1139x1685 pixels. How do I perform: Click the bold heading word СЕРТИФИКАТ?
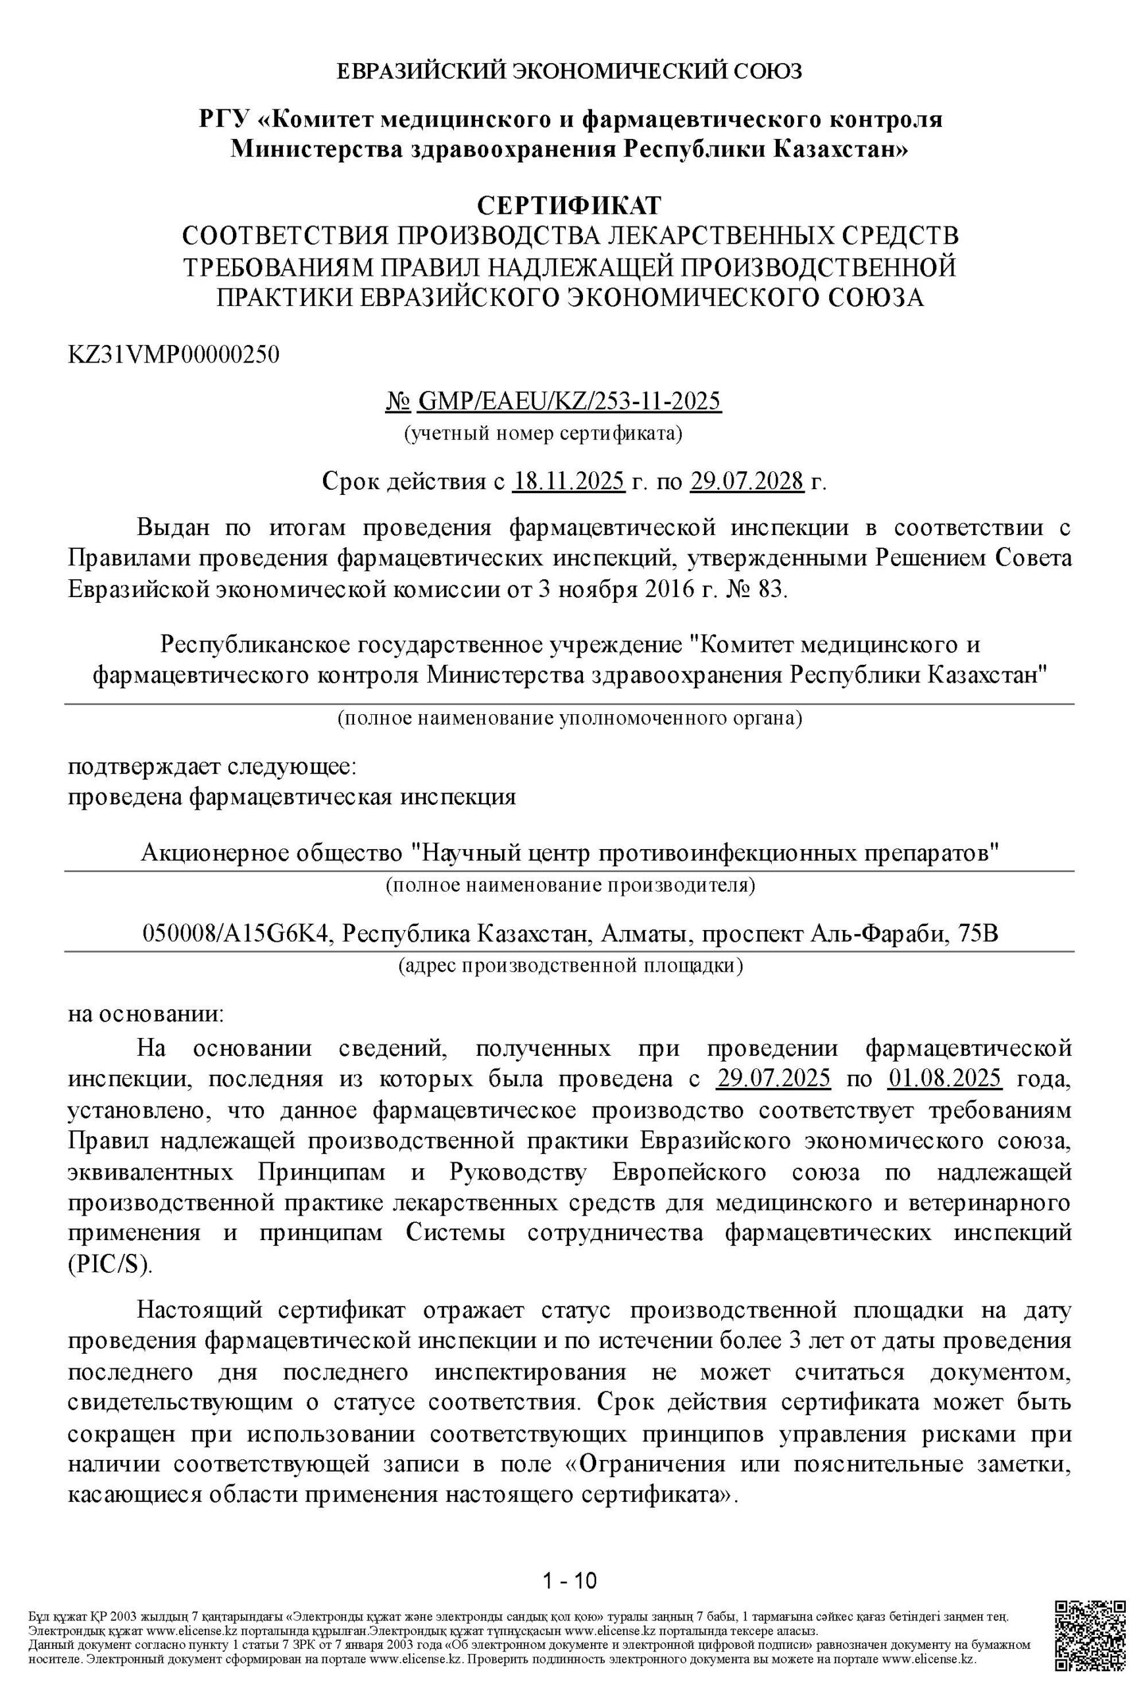click(x=569, y=205)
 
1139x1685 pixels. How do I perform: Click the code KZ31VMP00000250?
click(x=173, y=355)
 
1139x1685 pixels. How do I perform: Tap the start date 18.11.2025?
click(x=569, y=480)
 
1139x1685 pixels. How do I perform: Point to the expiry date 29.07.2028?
click(x=747, y=480)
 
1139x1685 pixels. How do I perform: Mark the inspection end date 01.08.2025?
click(x=945, y=1079)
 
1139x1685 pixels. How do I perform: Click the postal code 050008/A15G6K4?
click(x=238, y=933)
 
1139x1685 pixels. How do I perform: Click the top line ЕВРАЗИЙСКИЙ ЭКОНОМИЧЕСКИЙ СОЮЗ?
click(x=569, y=71)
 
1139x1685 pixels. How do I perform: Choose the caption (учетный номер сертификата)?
click(x=543, y=434)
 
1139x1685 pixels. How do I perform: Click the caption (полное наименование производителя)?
click(x=570, y=885)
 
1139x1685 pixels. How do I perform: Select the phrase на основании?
click(x=147, y=1013)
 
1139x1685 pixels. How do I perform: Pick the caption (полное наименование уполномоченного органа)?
click(x=570, y=719)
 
